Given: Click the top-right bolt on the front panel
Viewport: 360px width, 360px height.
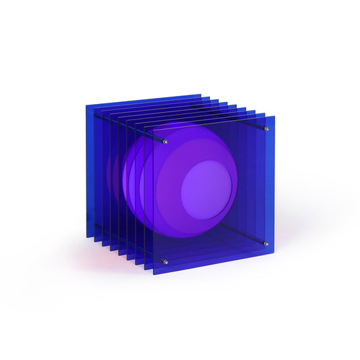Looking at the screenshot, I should coord(267,129).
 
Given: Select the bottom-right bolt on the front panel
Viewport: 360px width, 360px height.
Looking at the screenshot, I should coord(266,244).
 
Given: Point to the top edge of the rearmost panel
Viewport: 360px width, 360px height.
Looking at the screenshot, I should coord(142,98).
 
